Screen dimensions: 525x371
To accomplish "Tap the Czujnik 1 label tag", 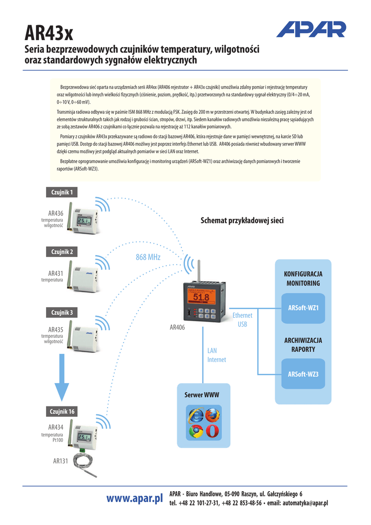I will (x=63, y=192).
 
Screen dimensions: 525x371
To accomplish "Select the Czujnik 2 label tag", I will (x=63, y=252).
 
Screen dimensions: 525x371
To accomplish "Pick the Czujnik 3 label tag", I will (x=63, y=312).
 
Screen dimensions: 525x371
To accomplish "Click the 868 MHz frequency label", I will (x=148, y=257).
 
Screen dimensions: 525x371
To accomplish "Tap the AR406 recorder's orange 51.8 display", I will (x=201, y=298).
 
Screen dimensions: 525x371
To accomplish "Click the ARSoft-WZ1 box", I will (x=303, y=308).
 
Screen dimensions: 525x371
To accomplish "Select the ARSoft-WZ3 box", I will (x=303, y=374).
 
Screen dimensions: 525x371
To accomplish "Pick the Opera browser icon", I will (x=212, y=431).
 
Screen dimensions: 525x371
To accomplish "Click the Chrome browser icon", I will (x=195, y=431).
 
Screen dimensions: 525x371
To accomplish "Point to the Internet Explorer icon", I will (x=195, y=415).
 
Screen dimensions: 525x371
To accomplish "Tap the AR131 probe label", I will (x=60, y=461).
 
